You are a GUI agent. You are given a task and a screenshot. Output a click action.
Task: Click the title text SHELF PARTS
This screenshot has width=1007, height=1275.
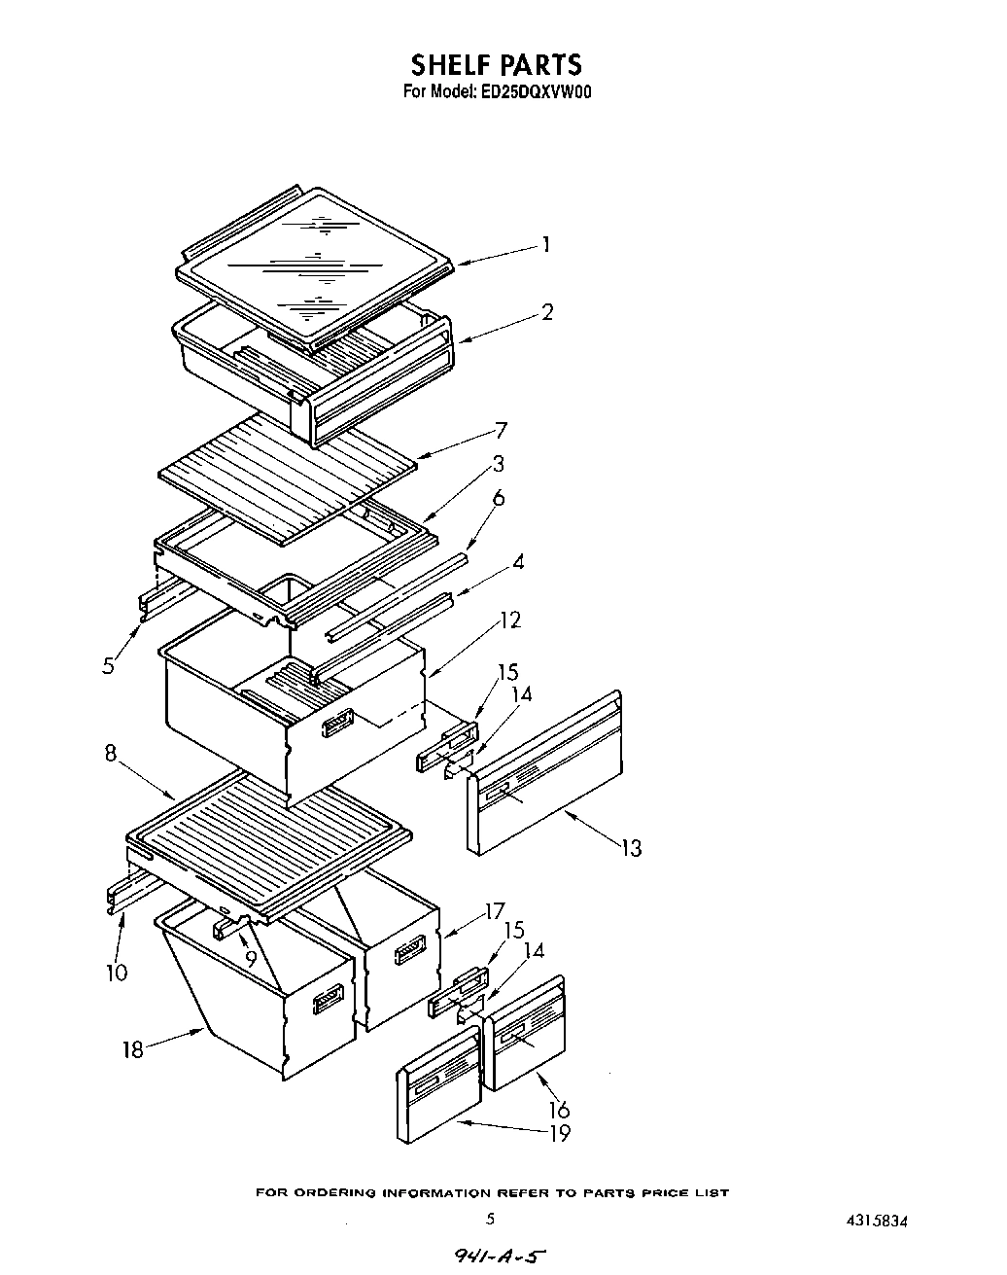point(496,65)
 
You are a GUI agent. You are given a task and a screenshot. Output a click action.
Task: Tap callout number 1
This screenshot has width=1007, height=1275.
point(546,244)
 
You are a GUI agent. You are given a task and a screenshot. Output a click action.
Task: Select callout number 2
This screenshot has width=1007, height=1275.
point(547,312)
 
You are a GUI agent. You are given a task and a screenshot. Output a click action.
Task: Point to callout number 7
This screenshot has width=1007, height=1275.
point(502,429)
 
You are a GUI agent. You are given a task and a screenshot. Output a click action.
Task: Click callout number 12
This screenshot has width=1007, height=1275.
point(509,620)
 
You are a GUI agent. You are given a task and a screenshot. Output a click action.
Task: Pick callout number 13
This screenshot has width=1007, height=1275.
point(632,849)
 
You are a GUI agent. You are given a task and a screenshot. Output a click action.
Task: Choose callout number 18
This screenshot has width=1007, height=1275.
point(133,1049)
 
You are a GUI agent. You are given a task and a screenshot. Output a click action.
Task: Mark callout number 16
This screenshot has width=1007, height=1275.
point(559,1109)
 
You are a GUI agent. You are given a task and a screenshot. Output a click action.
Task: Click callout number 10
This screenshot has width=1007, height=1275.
point(117,972)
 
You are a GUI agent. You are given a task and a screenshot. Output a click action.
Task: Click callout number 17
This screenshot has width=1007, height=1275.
point(495,911)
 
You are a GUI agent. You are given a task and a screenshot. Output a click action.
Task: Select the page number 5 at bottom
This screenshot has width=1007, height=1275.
point(491,1218)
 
